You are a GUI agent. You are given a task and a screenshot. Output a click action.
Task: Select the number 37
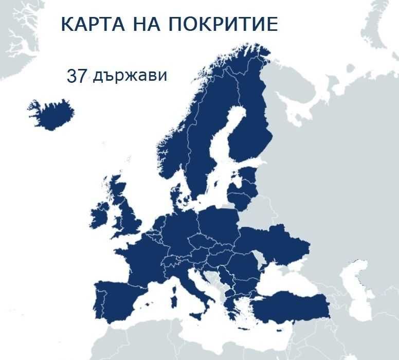click(76, 76)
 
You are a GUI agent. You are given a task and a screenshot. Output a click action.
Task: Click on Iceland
click(51, 114)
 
